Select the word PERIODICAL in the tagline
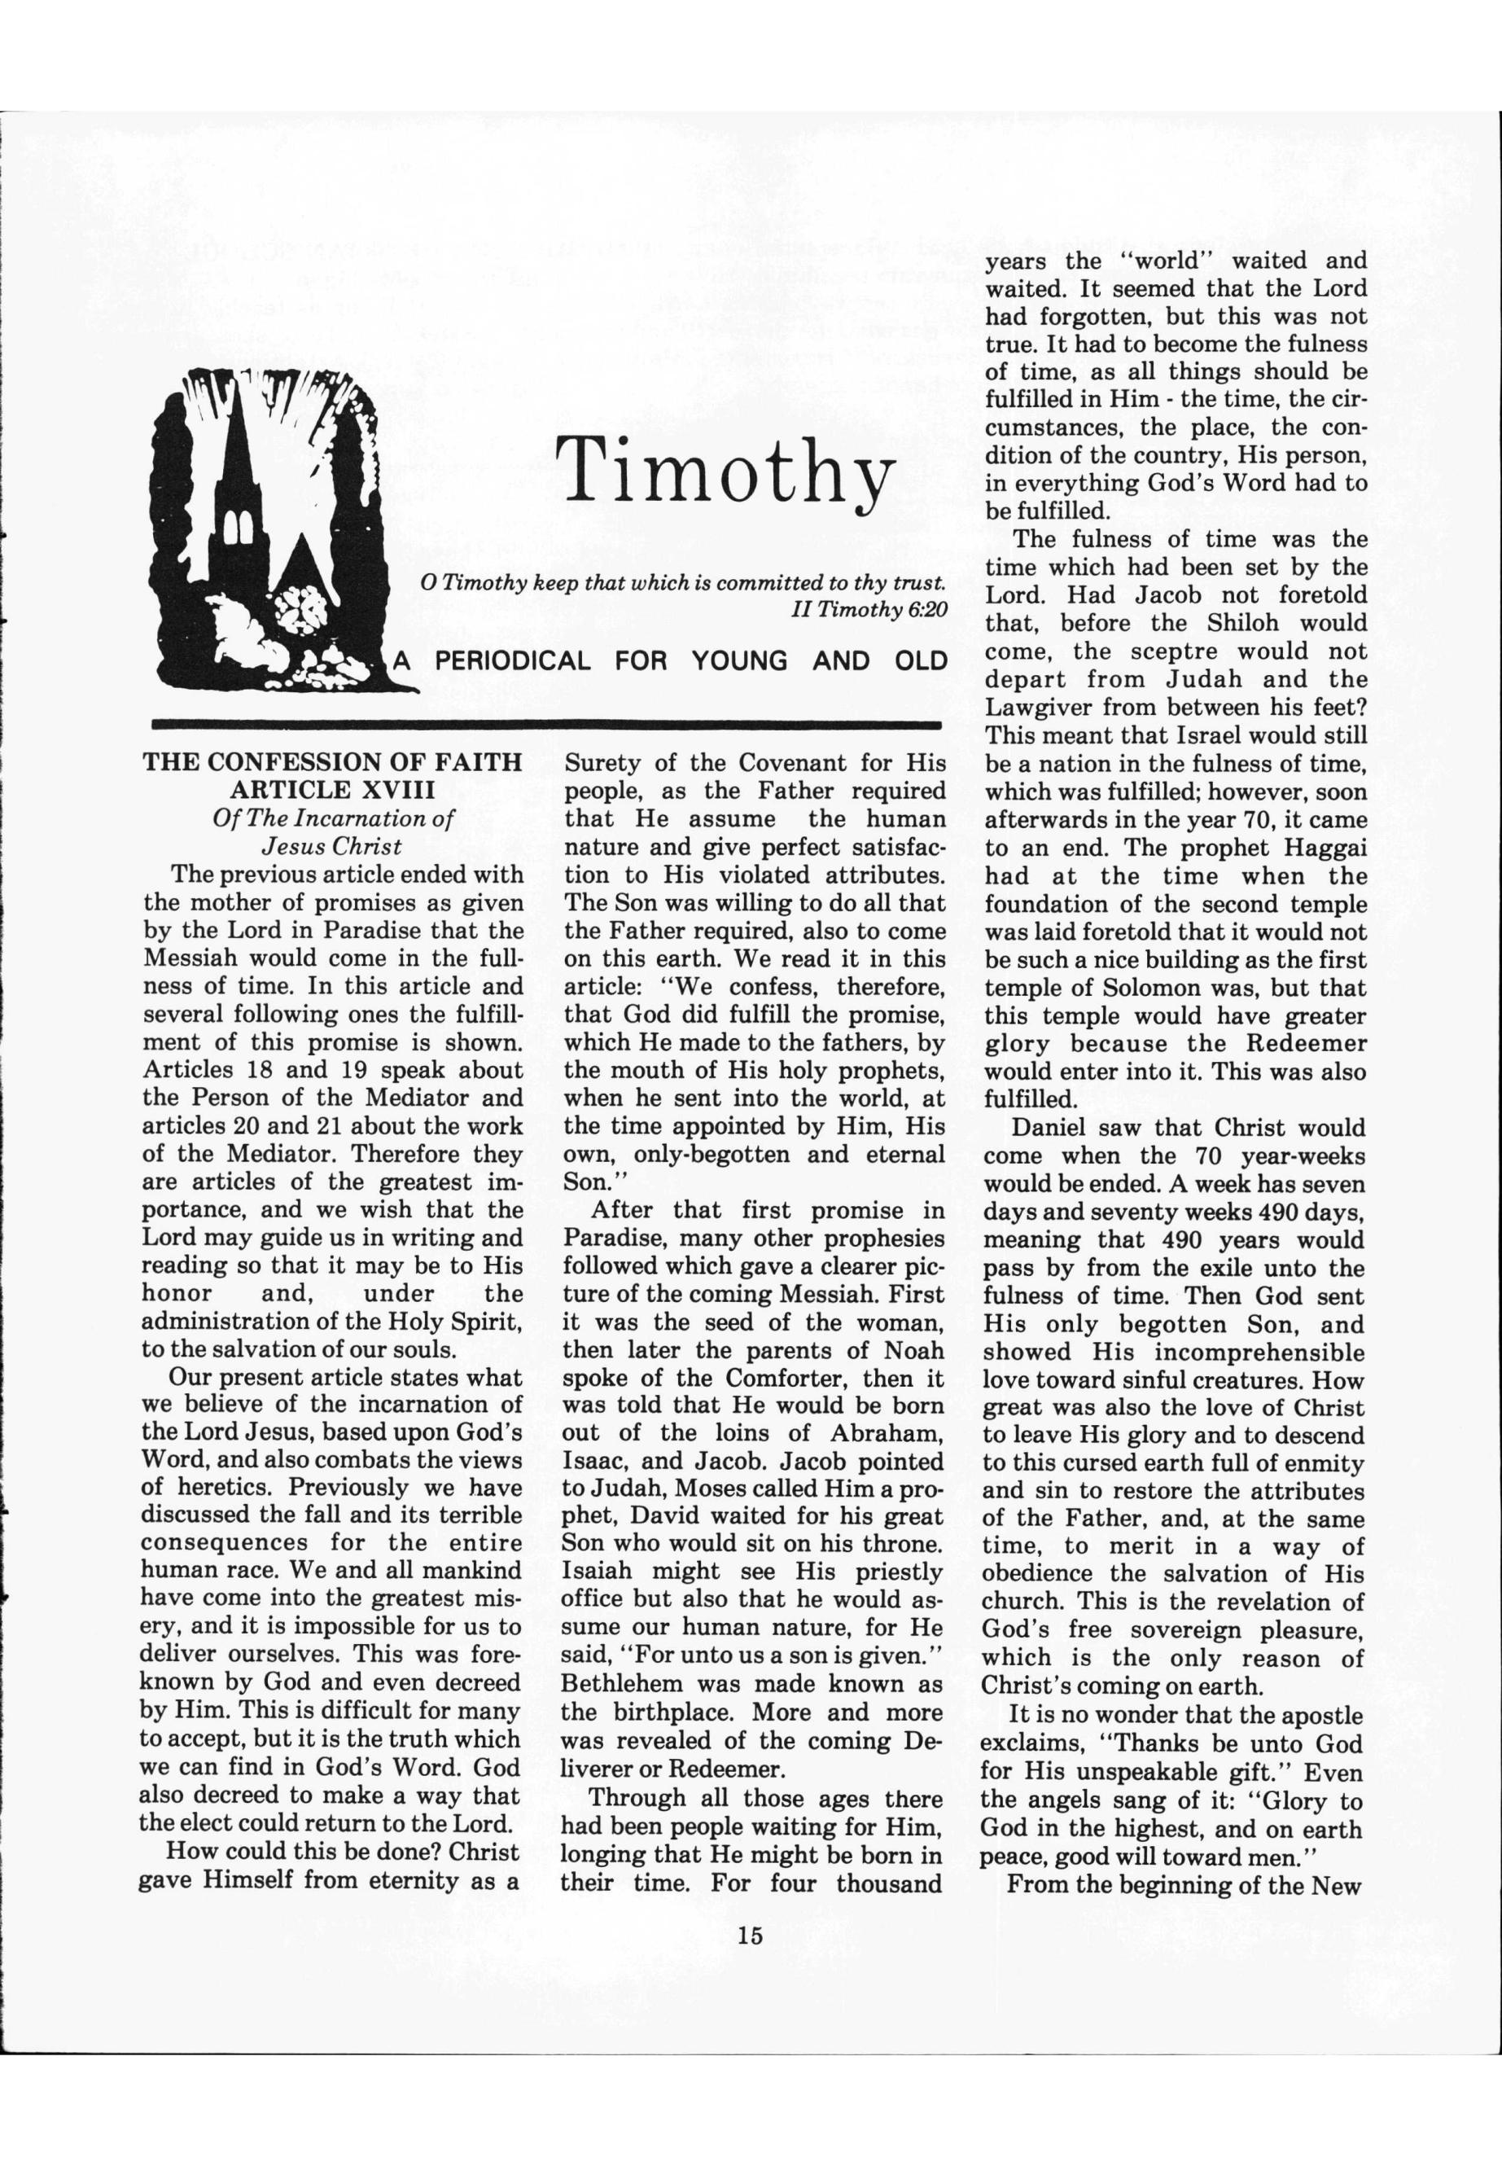[512, 661]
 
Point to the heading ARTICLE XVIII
[332, 789]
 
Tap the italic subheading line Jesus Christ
[332, 845]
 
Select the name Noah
[912, 1349]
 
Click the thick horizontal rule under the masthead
[545, 725]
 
